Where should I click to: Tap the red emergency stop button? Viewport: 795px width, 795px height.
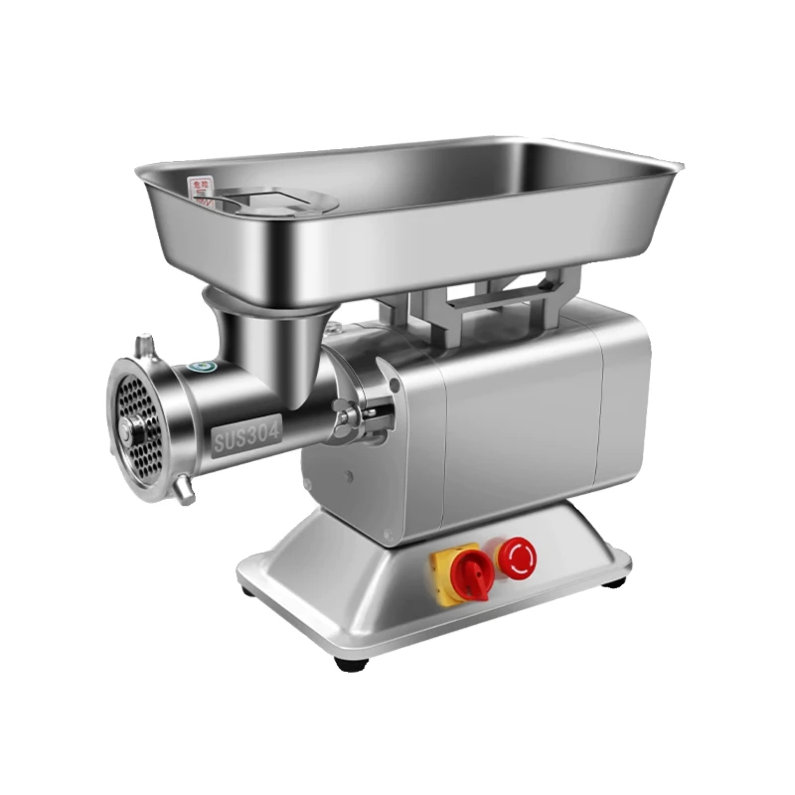click(516, 556)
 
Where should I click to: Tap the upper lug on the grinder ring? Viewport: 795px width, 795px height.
click(147, 346)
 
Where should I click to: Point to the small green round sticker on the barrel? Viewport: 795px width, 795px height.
click(204, 368)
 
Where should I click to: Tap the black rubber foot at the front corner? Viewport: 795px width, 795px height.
click(347, 661)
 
